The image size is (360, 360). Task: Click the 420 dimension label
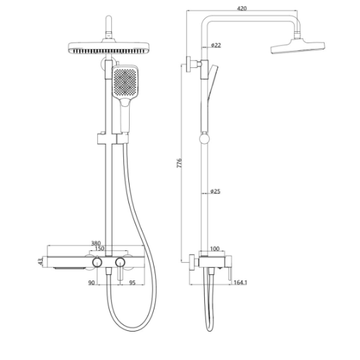(x=242, y=9)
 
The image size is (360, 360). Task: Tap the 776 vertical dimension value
(x=179, y=163)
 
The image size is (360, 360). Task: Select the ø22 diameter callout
(x=215, y=45)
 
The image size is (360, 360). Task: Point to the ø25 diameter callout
(x=215, y=191)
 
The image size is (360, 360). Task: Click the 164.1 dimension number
(x=240, y=282)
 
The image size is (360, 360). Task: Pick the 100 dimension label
(x=215, y=249)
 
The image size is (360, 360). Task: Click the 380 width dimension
(x=96, y=243)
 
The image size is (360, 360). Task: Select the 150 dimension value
(x=99, y=249)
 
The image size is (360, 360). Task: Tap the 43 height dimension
(x=40, y=261)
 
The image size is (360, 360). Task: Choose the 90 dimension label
(x=91, y=283)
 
